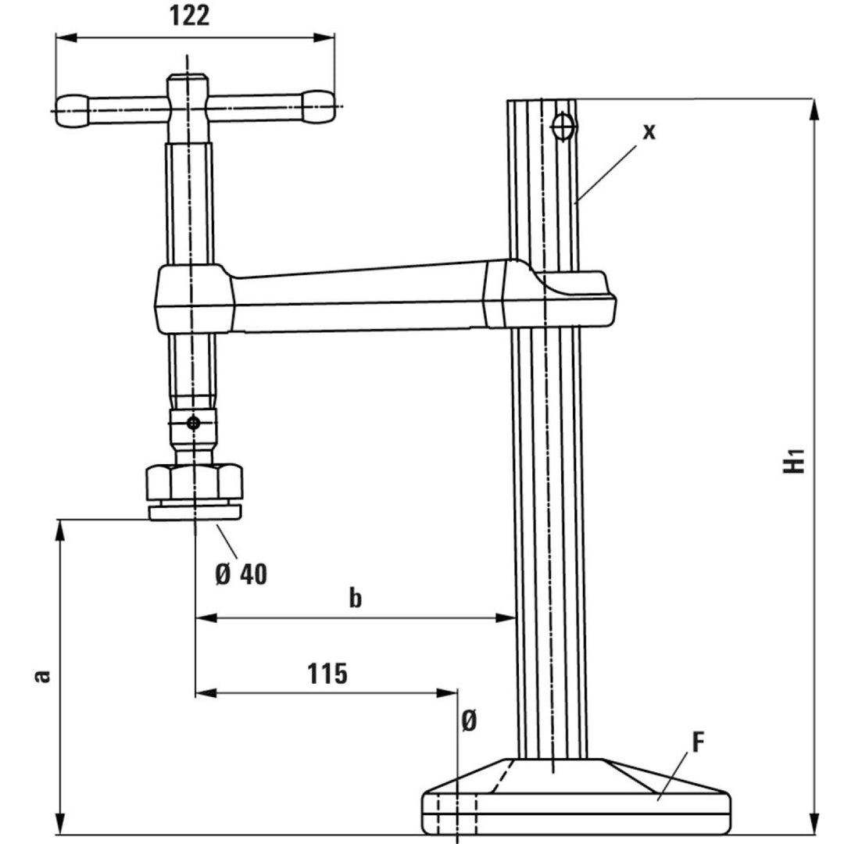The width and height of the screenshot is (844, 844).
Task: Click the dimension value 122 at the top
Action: pos(190,15)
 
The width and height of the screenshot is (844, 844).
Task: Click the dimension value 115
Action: pos(327,673)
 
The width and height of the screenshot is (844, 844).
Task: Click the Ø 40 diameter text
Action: pos(241,574)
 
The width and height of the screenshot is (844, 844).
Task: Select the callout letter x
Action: pos(649,131)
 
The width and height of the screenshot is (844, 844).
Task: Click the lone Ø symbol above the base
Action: pos(468,721)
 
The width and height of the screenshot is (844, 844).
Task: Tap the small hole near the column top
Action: pos(563,125)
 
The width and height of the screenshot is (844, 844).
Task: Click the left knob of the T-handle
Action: pos(72,110)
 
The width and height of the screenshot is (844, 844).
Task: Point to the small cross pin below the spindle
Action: pos(191,423)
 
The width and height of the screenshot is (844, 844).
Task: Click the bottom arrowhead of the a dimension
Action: pos(59,824)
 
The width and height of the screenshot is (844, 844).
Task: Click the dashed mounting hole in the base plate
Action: pos(456,813)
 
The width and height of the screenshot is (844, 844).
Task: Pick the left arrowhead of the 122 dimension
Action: pos(63,38)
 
